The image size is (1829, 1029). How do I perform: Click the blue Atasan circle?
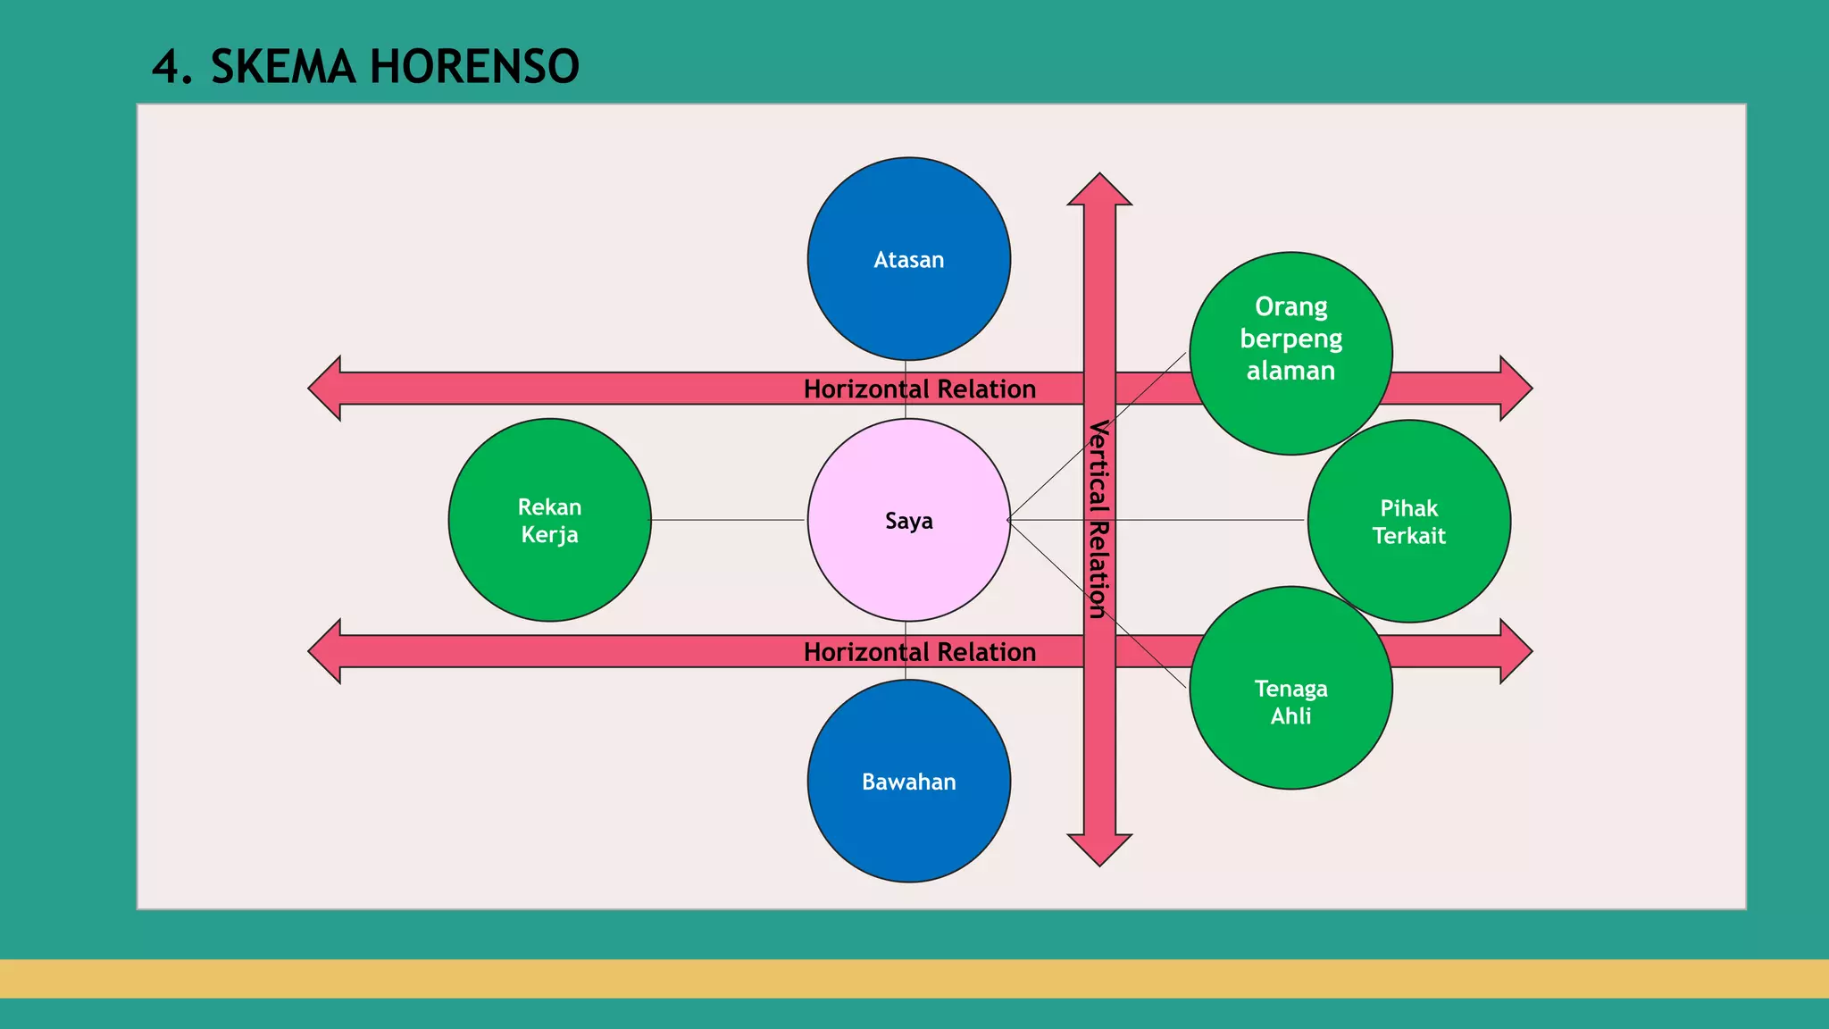click(908, 259)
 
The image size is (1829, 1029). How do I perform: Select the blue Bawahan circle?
click(908, 781)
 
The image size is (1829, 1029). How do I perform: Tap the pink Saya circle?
click(908, 520)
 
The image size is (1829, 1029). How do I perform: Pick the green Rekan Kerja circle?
click(549, 520)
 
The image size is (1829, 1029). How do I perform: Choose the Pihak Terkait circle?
click(1408, 522)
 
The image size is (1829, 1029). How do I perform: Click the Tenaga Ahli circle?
click(1290, 701)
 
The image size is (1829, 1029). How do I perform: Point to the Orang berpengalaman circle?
click(1290, 339)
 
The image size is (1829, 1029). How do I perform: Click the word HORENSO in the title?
click(474, 67)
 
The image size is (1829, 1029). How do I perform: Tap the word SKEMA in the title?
click(282, 67)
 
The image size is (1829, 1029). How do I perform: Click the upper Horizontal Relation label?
click(919, 389)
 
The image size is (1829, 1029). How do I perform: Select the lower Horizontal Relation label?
click(919, 652)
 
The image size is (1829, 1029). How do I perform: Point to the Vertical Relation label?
click(1098, 519)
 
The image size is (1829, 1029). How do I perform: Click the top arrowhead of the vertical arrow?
click(1099, 190)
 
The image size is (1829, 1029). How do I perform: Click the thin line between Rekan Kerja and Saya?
click(728, 520)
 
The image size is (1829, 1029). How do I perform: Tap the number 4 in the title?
click(166, 67)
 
